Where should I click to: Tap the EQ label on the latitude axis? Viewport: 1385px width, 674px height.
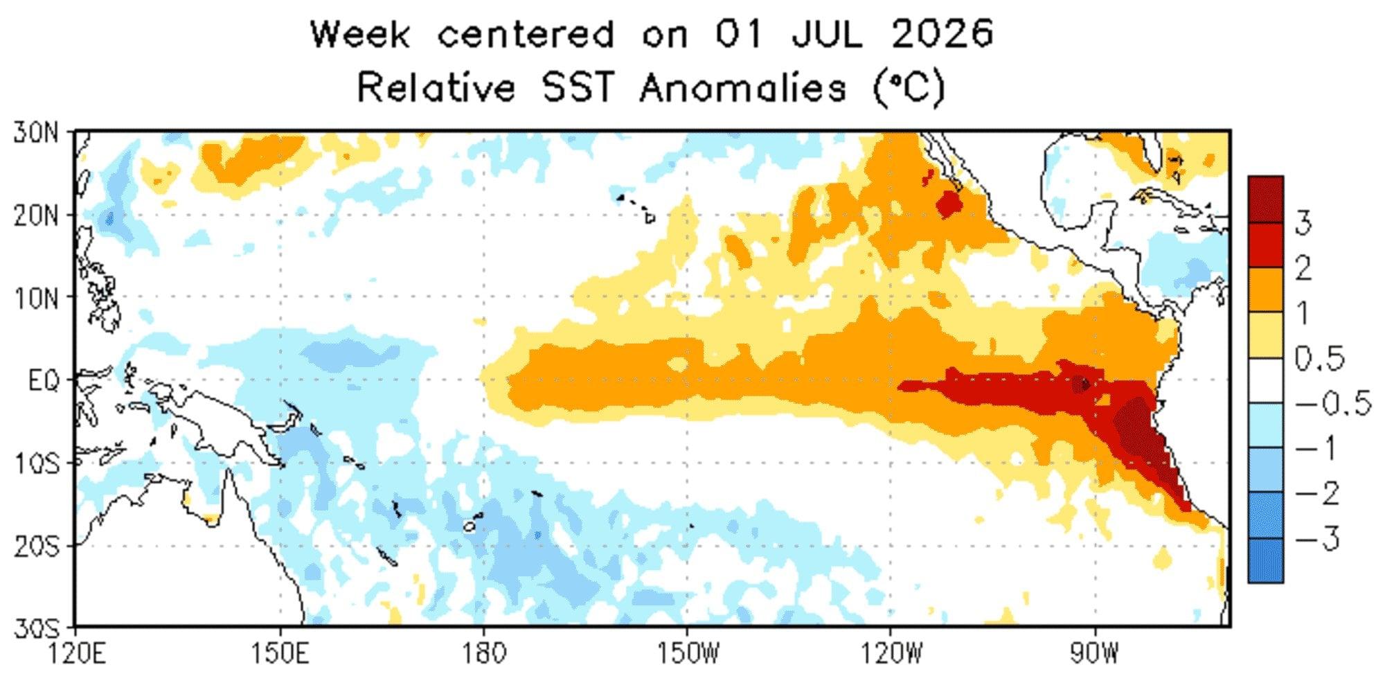coord(43,380)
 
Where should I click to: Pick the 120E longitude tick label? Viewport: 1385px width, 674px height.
coord(75,654)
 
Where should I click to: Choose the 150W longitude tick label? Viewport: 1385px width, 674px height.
coord(687,654)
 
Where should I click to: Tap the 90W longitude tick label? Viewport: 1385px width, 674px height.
coord(1095,654)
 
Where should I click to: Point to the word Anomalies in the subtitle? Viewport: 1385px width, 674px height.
coord(743,88)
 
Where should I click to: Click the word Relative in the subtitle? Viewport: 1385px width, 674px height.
coord(436,88)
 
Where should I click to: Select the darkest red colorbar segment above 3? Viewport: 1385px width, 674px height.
coord(1265,199)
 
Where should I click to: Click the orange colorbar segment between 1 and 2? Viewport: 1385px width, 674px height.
coord(1265,290)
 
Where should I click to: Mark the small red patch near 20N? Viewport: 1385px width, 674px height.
coord(948,204)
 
